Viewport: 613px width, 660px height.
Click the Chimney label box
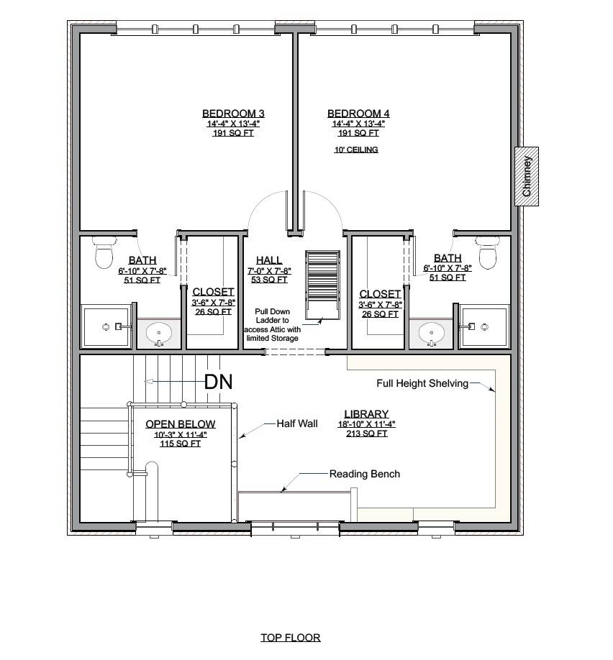tap(527, 176)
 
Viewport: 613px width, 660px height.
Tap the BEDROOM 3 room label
tap(233, 114)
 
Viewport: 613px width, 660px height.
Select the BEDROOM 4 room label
tap(358, 114)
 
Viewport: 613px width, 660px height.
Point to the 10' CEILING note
tap(356, 150)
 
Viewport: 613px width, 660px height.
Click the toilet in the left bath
tap(105, 252)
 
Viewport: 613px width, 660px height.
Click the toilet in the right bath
tap(488, 252)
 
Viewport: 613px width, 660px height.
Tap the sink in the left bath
tap(159, 333)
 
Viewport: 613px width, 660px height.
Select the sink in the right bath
tap(432, 333)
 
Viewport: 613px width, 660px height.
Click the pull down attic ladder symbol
tap(322, 284)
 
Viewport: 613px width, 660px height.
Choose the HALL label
tap(269, 260)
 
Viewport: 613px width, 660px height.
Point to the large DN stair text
tap(219, 382)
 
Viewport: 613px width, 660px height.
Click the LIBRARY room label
tap(366, 414)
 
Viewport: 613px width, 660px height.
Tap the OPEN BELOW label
tap(180, 424)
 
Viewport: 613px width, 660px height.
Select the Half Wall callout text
tap(297, 423)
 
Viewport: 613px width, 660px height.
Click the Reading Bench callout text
tap(365, 474)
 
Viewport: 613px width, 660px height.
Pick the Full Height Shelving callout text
tap(422, 383)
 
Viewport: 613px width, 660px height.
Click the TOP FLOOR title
tap(290, 637)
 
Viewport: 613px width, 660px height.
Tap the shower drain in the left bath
tap(106, 326)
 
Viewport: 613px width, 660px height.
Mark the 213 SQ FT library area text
tap(366, 434)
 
